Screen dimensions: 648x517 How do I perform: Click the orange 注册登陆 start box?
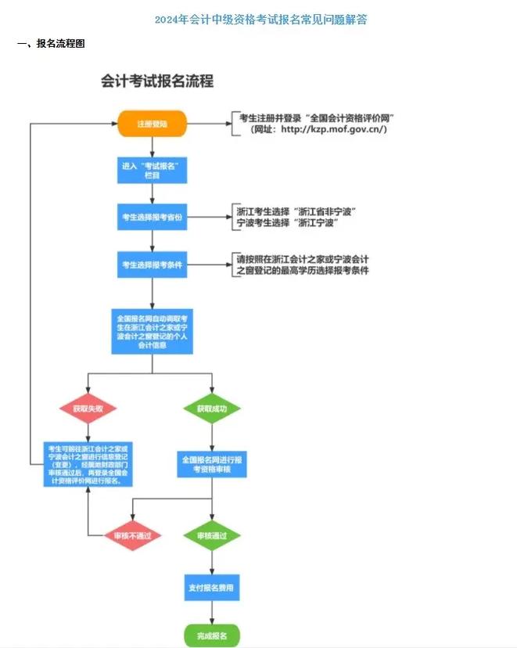pyautogui.click(x=152, y=124)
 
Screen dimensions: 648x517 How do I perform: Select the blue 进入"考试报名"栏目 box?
pyautogui.click(x=152, y=171)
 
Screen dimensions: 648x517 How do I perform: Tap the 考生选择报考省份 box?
pyautogui.click(x=152, y=217)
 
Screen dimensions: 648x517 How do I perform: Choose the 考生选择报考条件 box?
pyautogui.click(x=152, y=265)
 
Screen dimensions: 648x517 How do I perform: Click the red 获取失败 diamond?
pyautogui.click(x=88, y=409)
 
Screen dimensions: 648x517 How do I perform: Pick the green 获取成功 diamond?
pyautogui.click(x=212, y=409)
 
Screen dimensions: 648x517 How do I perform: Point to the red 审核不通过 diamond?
pyautogui.click(x=133, y=536)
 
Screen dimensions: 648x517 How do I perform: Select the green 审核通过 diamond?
pyautogui.click(x=212, y=536)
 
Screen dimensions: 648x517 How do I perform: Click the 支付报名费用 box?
pyautogui.click(x=211, y=587)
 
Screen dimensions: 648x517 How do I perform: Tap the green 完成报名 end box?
pyautogui.click(x=211, y=635)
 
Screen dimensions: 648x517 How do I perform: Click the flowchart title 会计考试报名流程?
pyautogui.click(x=157, y=81)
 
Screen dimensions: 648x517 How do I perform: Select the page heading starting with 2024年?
pyautogui.click(x=260, y=20)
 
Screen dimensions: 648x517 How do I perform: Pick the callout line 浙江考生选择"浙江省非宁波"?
pyautogui.click(x=296, y=212)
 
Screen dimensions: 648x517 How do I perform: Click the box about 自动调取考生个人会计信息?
pyautogui.click(x=152, y=331)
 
